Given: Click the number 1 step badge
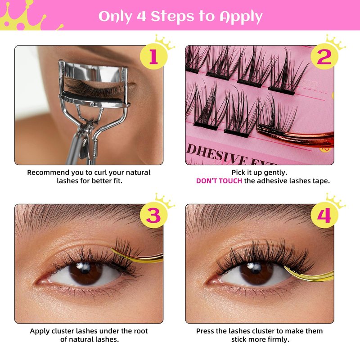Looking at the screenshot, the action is click(153, 57).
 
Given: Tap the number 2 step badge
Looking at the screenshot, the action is click(324, 57).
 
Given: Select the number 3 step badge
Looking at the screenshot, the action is click(153, 215).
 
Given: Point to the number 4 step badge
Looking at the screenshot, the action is click(324, 215).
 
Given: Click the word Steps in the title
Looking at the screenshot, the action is click(172, 17).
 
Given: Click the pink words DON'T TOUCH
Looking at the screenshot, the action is click(219, 181).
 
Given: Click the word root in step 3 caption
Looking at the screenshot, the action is click(139, 331).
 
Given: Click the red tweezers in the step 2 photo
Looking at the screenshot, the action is click(296, 136).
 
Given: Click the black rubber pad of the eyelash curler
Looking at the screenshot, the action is click(92, 96).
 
